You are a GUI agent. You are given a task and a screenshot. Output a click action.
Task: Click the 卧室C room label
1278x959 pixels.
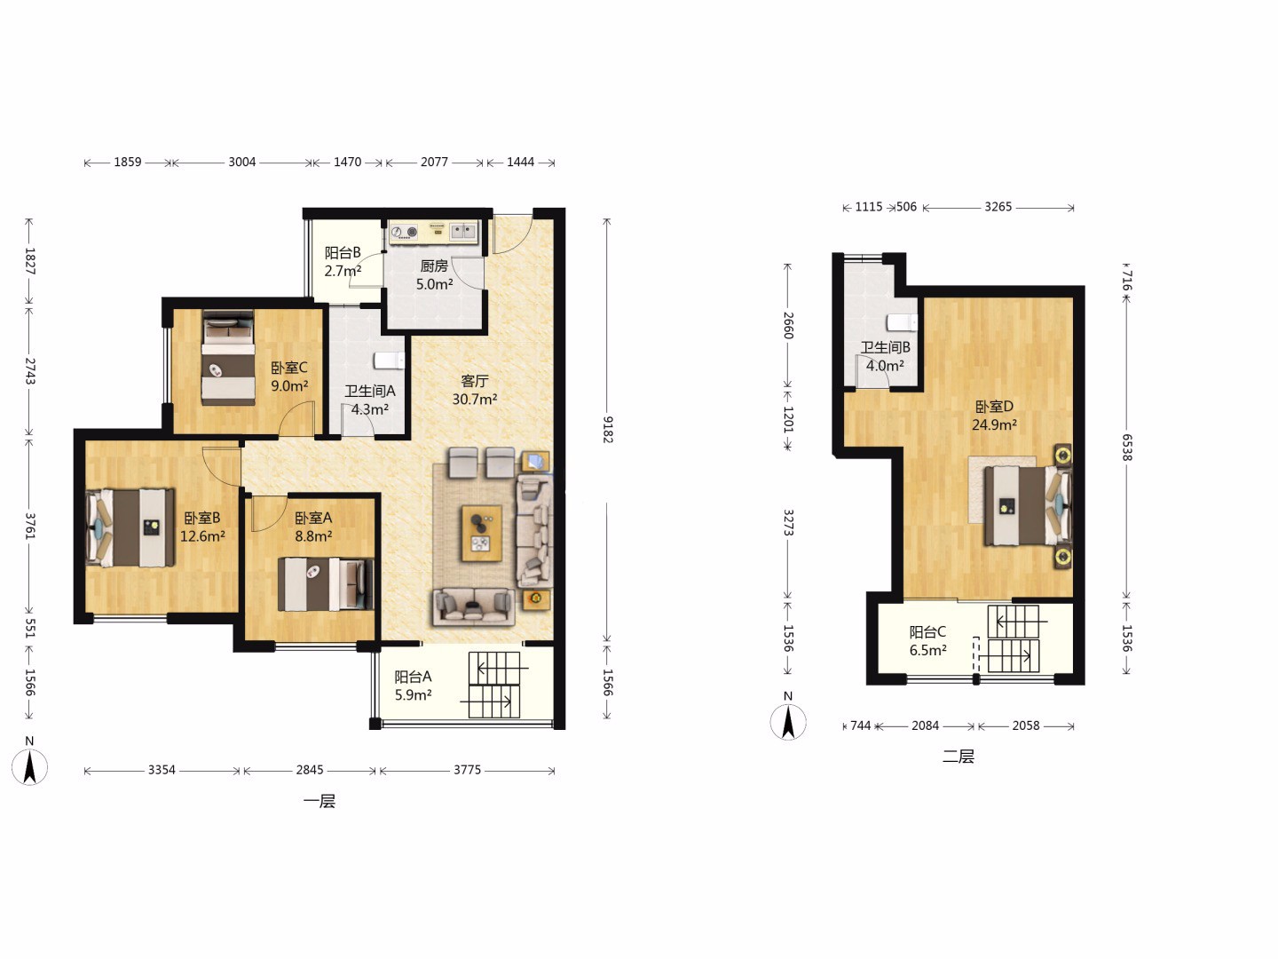click(288, 368)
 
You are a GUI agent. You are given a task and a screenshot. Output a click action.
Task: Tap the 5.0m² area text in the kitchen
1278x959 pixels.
click(434, 284)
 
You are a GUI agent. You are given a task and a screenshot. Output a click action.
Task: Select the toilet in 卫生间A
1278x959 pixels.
click(390, 361)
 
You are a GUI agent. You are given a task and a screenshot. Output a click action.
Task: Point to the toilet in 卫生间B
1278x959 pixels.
click(902, 322)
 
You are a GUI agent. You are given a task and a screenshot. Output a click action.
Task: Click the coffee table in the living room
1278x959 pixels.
click(482, 534)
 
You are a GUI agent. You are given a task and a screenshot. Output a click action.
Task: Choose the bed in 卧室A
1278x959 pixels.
click(326, 584)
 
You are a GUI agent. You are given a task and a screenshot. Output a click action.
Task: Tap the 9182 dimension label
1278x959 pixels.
click(607, 429)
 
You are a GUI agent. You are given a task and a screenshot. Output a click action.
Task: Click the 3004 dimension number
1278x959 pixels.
click(241, 162)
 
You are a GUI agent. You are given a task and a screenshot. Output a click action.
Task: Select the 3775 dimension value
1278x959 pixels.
click(467, 770)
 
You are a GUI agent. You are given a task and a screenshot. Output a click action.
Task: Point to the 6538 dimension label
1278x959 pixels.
click(1126, 448)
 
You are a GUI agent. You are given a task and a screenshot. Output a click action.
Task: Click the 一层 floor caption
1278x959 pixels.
click(319, 801)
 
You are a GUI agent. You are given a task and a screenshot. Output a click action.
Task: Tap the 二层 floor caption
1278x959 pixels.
click(958, 757)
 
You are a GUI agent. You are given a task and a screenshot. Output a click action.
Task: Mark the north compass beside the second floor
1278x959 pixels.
click(788, 721)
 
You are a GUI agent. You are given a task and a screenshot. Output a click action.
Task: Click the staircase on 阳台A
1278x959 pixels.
click(494, 685)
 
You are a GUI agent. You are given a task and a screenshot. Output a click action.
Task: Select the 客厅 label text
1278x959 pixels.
click(475, 381)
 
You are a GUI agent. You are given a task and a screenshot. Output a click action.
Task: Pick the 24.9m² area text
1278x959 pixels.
click(994, 424)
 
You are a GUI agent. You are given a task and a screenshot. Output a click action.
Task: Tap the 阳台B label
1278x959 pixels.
click(343, 253)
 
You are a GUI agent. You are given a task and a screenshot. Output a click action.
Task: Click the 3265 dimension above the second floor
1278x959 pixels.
click(998, 207)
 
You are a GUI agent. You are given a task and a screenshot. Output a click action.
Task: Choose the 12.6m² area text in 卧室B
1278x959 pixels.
click(202, 535)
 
